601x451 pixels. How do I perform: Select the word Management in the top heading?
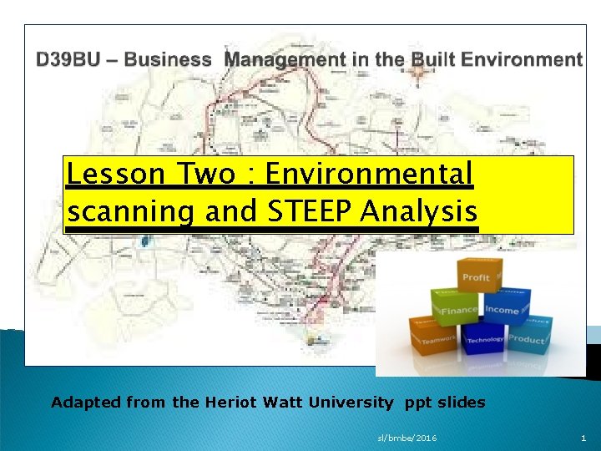(x=276, y=60)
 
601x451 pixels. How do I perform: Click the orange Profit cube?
(x=477, y=276)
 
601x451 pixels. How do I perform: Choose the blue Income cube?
(x=502, y=311)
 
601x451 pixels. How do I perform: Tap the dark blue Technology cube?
(x=485, y=339)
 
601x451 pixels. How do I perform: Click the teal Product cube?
(x=527, y=338)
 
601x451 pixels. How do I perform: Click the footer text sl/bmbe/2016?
(x=407, y=438)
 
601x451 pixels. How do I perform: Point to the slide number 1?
(x=583, y=438)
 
